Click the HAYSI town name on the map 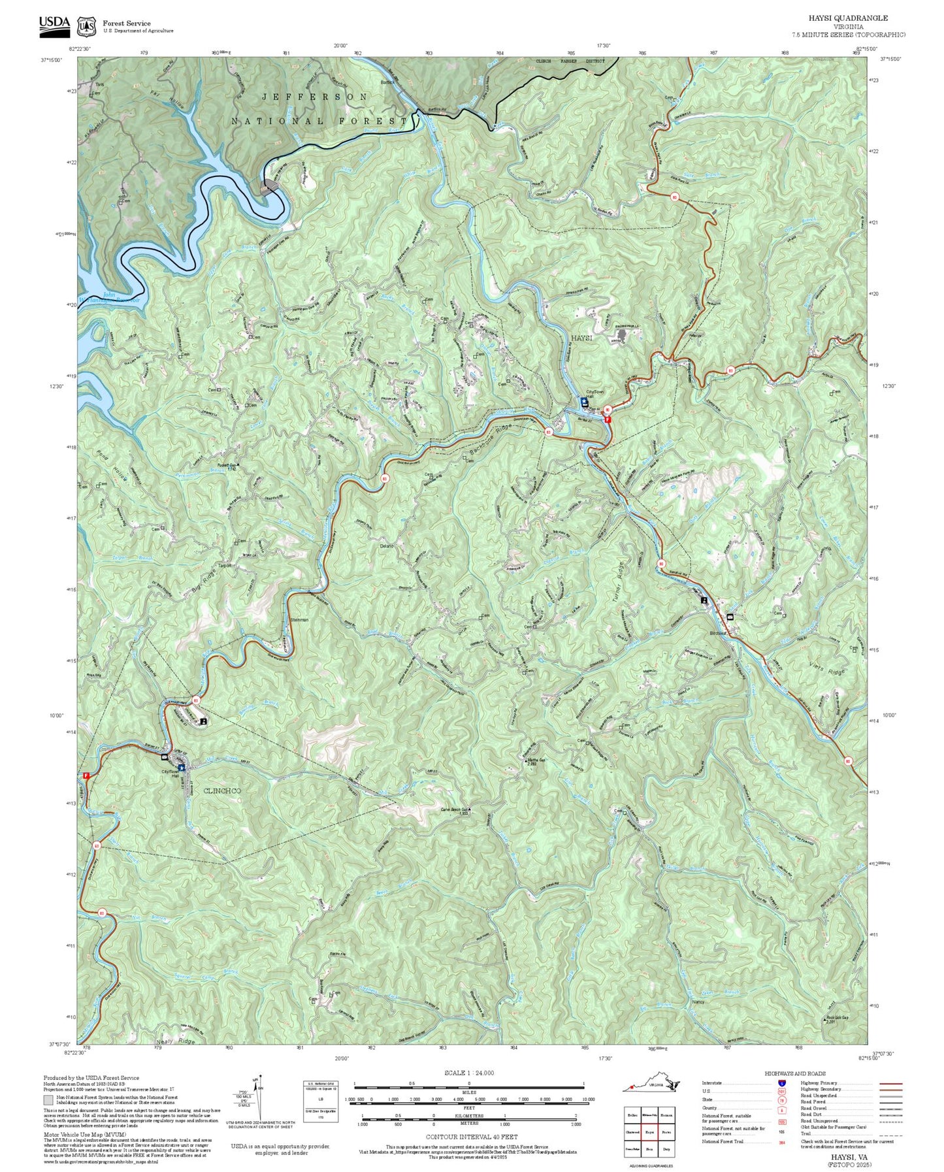pyautogui.click(x=581, y=338)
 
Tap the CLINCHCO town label pyautogui.click(x=222, y=790)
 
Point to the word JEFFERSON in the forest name pyautogui.click(x=314, y=97)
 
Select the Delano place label pyautogui.click(x=387, y=545)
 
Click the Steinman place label pyautogui.click(x=299, y=619)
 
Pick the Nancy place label pyautogui.click(x=698, y=1001)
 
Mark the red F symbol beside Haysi pyautogui.click(x=608, y=419)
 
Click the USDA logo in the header pyautogui.click(x=54, y=23)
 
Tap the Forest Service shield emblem pyautogui.click(x=86, y=26)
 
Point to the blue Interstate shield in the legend pyautogui.click(x=782, y=1082)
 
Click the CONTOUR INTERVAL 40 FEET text pyautogui.click(x=468, y=1137)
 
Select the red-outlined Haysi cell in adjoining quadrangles pyautogui.click(x=649, y=1133)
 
